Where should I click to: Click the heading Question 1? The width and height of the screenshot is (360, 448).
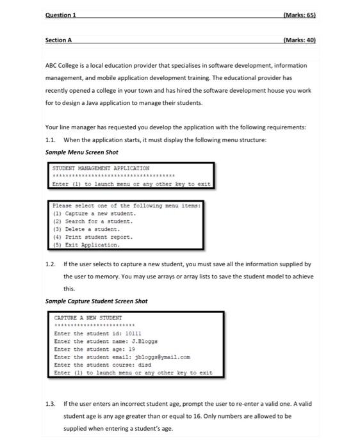point(60,15)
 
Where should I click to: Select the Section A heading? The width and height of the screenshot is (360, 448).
point(58,40)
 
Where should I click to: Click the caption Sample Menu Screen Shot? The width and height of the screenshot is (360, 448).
point(82,152)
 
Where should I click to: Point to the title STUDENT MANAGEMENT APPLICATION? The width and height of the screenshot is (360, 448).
point(101,168)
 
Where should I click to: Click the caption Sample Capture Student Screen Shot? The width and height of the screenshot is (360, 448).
point(96,301)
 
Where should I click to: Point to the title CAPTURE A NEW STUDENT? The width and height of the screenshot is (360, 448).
point(88,317)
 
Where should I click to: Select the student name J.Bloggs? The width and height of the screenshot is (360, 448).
point(143,341)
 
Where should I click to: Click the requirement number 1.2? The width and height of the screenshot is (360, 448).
point(51,264)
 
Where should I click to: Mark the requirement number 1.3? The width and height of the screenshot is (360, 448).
point(51,404)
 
